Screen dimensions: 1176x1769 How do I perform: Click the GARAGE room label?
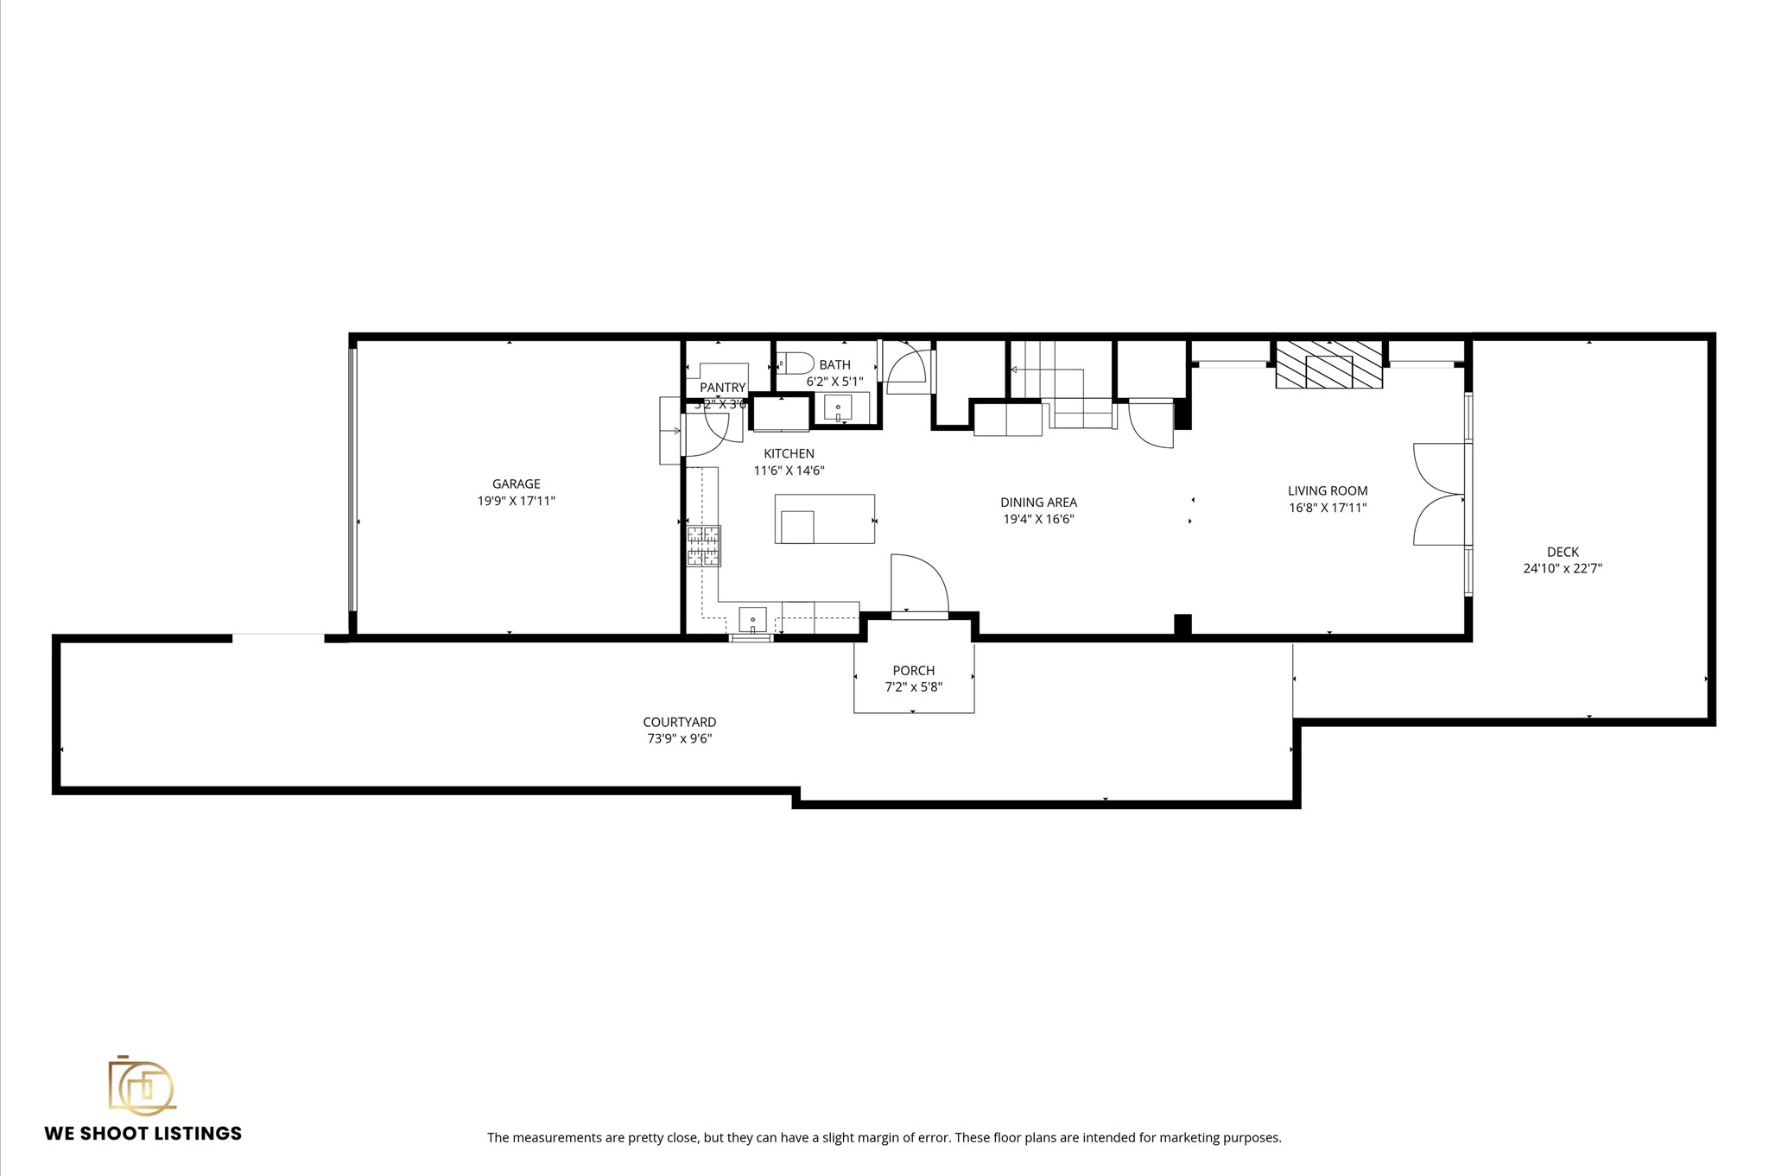(516, 484)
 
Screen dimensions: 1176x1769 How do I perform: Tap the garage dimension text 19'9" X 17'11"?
(516, 501)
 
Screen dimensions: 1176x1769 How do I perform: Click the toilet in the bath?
(796, 362)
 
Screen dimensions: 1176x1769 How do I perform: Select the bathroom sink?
(838, 407)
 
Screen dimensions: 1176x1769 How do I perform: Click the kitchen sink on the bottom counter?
(752, 620)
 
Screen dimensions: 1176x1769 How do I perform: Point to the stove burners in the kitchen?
(703, 546)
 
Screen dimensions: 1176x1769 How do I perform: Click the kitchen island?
(824, 518)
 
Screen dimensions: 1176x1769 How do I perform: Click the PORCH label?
(913, 671)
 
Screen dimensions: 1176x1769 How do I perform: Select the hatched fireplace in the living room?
(1328, 364)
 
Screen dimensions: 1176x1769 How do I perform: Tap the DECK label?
(1563, 552)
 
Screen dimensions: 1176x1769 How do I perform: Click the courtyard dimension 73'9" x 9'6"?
(679, 739)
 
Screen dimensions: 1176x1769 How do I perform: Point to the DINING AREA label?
(1038, 503)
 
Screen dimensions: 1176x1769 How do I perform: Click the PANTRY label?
(722, 388)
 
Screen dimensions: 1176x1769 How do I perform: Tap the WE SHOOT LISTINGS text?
(143, 1134)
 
